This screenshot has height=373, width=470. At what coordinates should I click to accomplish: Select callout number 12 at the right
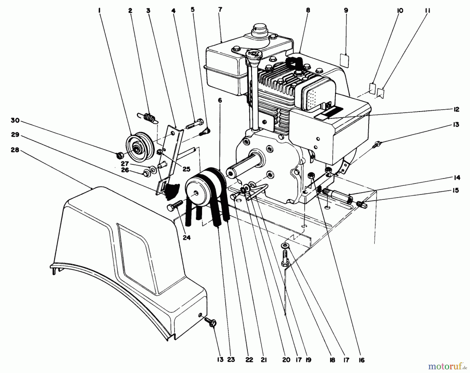tap(456, 109)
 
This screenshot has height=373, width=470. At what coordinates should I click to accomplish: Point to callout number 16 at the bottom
tap(362, 360)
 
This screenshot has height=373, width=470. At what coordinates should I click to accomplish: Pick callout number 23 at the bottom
tap(231, 360)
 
